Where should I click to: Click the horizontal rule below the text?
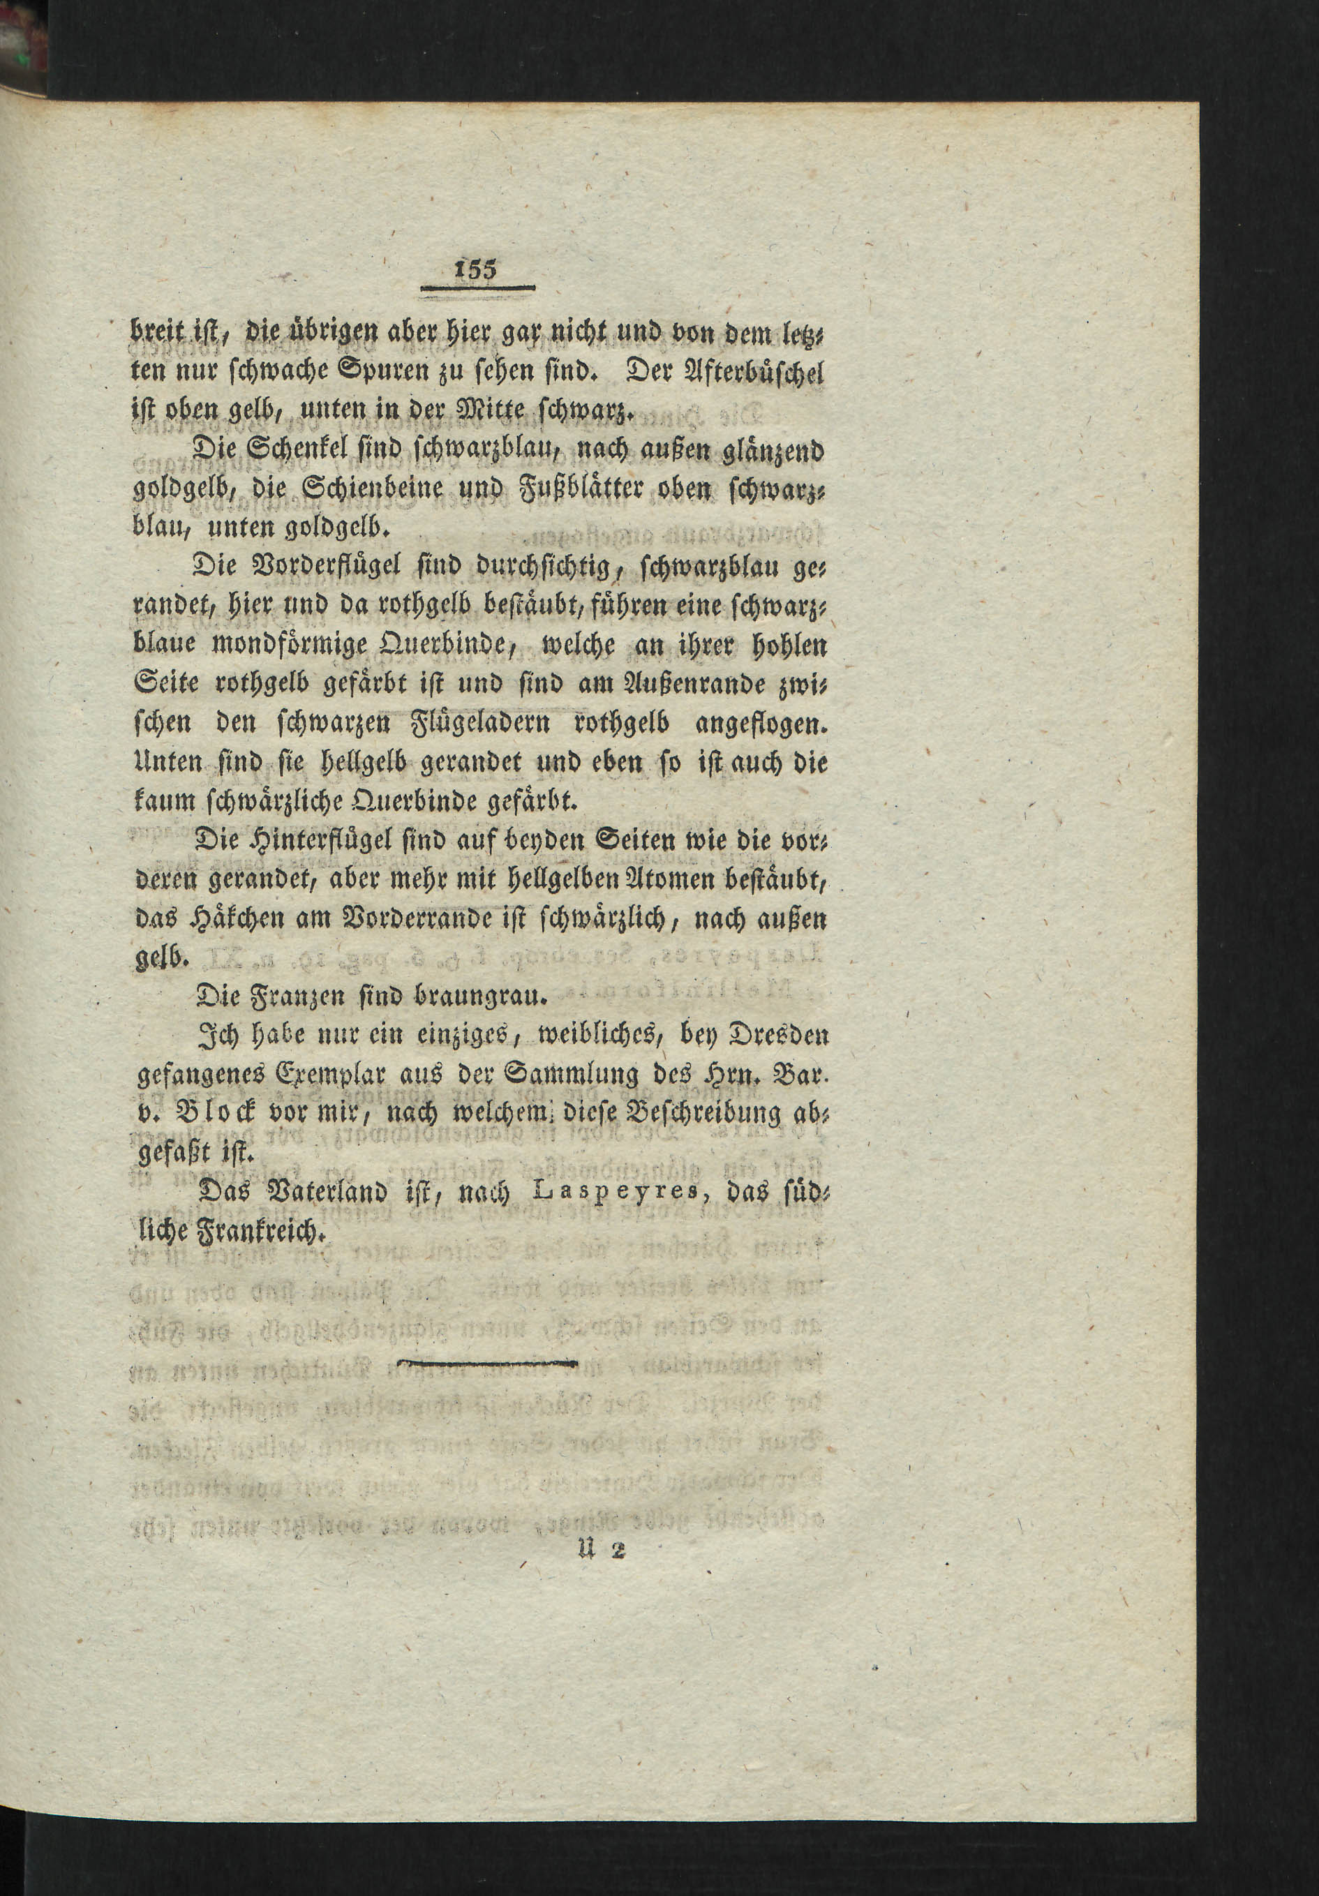pos(487,1364)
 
